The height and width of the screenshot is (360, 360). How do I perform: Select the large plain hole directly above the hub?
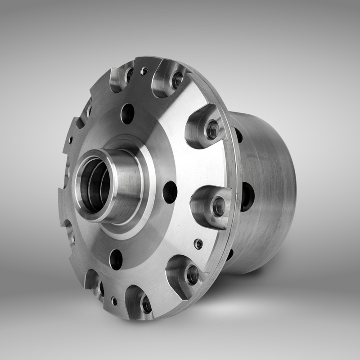tap(128, 113)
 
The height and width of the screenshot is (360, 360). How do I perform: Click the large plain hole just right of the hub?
tap(170, 192)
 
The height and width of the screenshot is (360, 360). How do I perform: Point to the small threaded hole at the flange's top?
tap(144, 71)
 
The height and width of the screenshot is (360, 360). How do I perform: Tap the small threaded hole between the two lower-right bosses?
tap(198, 244)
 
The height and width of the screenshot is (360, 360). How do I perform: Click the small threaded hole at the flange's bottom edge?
tap(115, 301)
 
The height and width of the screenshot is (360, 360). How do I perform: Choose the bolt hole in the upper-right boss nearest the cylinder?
tap(212, 130)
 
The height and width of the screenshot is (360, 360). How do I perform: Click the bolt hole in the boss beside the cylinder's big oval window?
tap(219, 207)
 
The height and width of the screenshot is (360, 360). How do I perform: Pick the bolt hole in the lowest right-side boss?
tap(193, 274)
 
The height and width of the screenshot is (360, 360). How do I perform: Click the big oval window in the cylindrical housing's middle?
tap(247, 196)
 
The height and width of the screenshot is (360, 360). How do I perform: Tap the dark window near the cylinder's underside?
tap(230, 255)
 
